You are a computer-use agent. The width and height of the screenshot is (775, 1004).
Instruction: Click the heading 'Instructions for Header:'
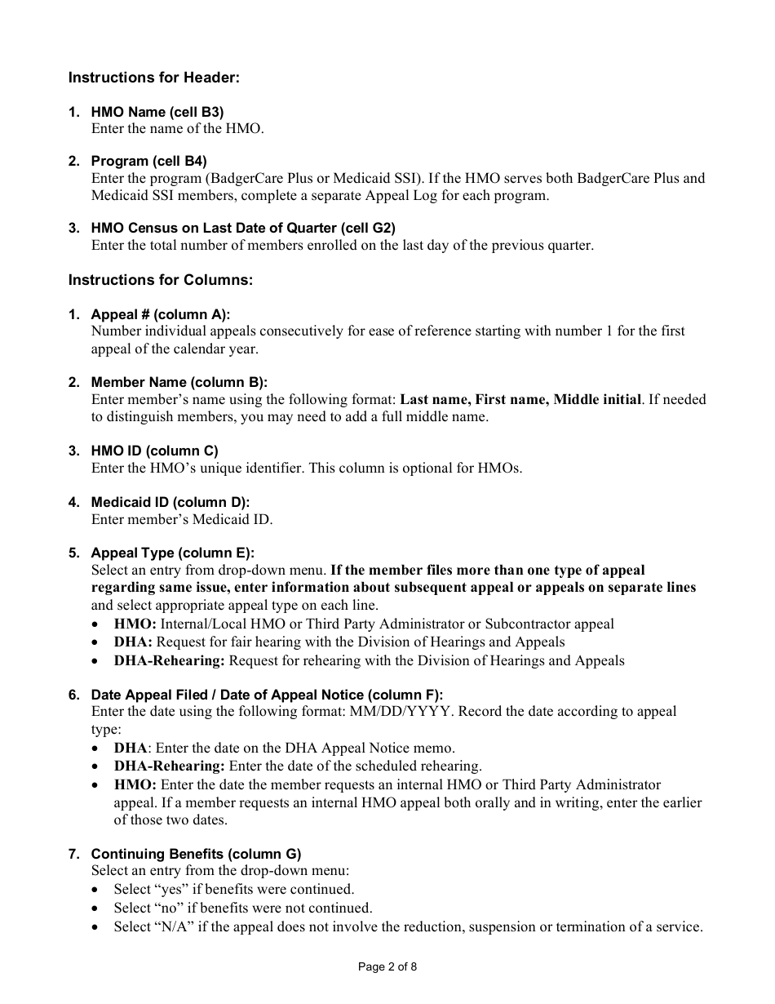click(x=153, y=78)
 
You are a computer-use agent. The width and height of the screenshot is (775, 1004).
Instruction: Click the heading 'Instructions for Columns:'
click(x=160, y=280)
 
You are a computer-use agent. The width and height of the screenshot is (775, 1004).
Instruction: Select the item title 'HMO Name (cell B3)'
click(x=157, y=112)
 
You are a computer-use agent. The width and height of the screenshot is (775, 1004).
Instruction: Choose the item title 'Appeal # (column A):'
click(x=160, y=314)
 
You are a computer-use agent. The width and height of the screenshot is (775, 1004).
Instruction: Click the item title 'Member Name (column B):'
click(x=179, y=382)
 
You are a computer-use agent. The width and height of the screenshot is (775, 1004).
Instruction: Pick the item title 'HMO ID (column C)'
click(x=154, y=451)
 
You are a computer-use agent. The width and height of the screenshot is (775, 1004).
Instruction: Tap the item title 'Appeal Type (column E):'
click(x=172, y=553)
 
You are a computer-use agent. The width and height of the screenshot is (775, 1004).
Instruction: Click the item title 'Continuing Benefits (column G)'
click(x=196, y=854)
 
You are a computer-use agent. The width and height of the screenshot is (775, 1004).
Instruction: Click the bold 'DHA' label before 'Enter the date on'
click(x=131, y=748)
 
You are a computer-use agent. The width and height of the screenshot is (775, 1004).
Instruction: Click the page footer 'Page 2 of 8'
click(x=387, y=967)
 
